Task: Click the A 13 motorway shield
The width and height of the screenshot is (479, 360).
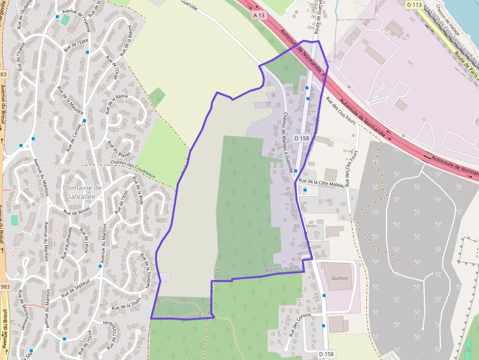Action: (x=259, y=15)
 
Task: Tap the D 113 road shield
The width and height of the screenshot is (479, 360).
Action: (x=414, y=5)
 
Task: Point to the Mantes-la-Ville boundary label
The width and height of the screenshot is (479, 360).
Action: (x=283, y=269)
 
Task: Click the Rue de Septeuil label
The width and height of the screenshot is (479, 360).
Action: (x=76, y=289)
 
